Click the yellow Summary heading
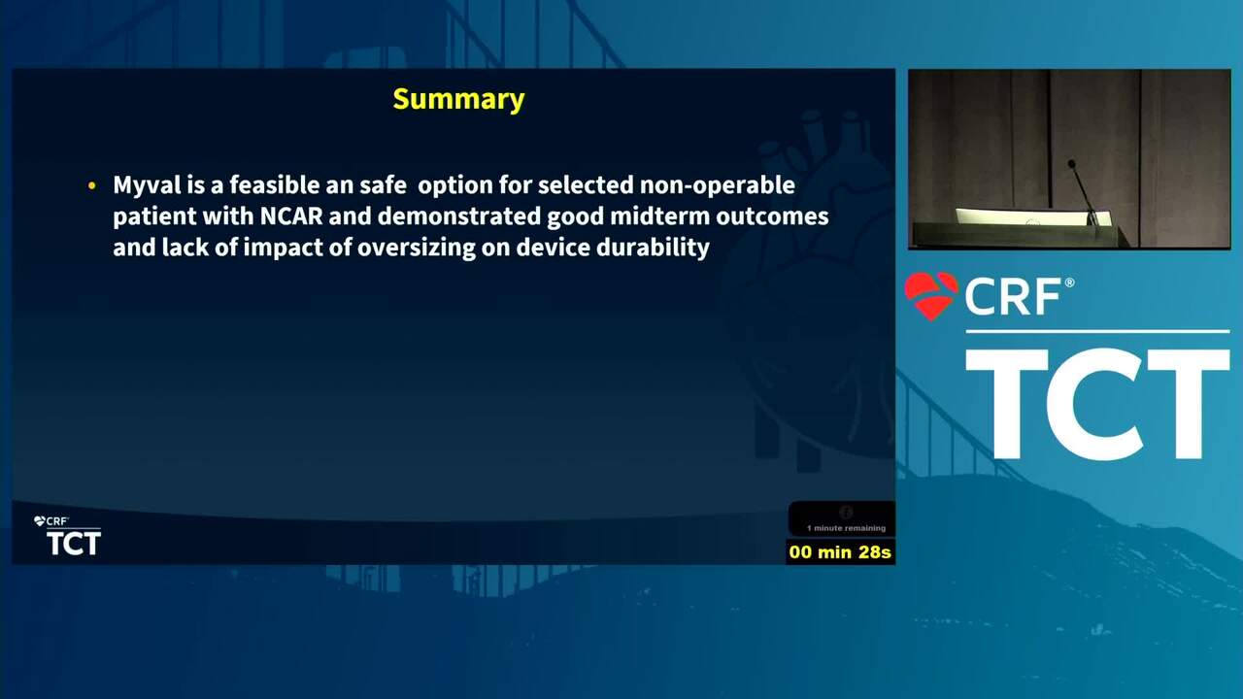(458, 100)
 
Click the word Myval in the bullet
(147, 185)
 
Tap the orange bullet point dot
(92, 185)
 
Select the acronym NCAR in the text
(291, 216)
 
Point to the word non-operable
(717, 185)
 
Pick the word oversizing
(417, 248)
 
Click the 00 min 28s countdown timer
(840, 552)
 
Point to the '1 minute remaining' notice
(846, 528)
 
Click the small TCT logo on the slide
(73, 543)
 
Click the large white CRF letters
(1013, 297)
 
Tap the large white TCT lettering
(1097, 404)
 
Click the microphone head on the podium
(1071, 164)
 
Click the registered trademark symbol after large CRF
(1069, 283)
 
